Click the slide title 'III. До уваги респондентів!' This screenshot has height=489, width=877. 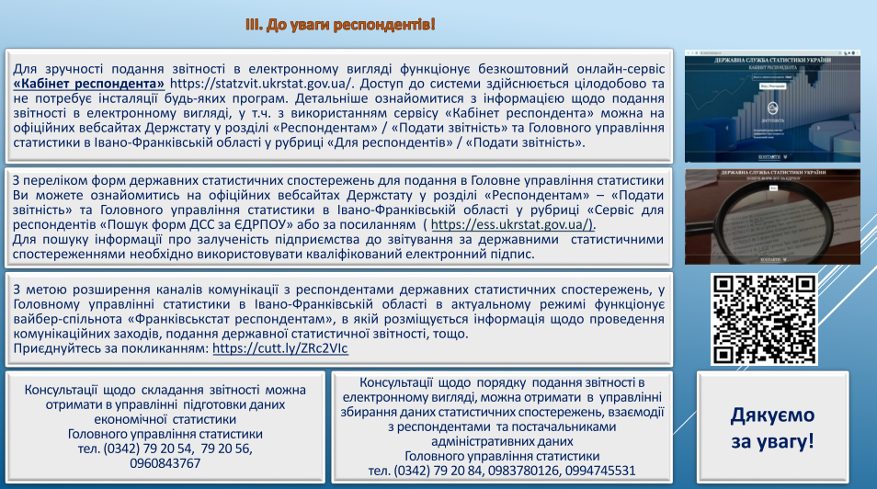tap(339, 23)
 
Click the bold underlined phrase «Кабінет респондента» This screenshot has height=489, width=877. tap(89, 84)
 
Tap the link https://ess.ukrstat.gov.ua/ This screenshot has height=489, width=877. tap(513, 225)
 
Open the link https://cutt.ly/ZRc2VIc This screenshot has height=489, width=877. tap(280, 349)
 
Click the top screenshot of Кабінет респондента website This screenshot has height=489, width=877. tap(772, 107)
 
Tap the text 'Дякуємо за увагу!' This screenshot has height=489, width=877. tap(772, 427)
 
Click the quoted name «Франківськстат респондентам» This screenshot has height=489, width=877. tap(221, 320)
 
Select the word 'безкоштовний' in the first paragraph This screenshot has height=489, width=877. tap(514, 69)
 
